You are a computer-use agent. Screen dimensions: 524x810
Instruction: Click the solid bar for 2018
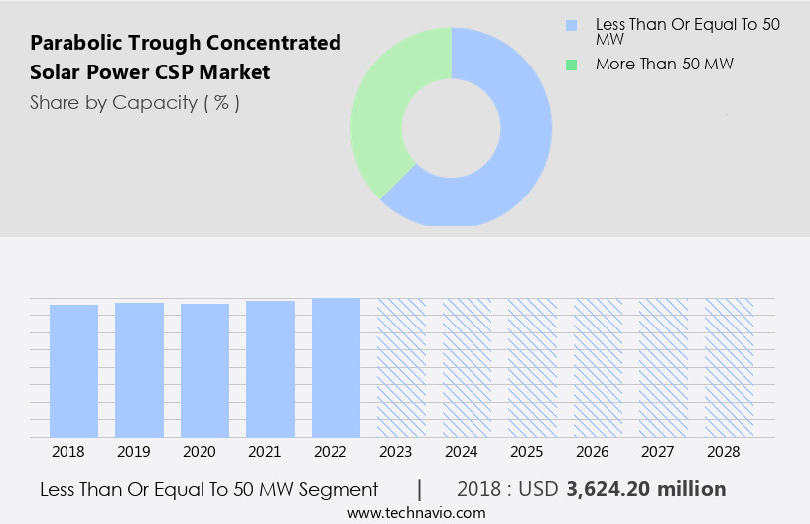pos(73,370)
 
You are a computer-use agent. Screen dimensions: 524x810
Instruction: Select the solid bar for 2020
pos(204,370)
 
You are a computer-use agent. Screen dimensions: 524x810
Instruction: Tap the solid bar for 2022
pos(336,367)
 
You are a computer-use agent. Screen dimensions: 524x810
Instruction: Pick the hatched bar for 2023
pos(401,367)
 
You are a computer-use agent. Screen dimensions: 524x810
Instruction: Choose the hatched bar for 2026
pos(598,367)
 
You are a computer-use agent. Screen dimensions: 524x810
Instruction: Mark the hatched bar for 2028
pos(729,367)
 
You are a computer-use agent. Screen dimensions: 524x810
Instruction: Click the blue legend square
pos(570,24)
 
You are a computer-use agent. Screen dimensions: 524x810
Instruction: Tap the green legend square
pos(570,65)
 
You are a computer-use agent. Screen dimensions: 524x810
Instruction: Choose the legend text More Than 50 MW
pos(663,65)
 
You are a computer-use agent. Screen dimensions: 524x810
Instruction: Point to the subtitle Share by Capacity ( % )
pos(134,102)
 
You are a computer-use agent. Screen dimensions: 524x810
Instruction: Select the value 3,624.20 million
pos(645,489)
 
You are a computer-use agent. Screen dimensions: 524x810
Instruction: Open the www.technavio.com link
pos(416,512)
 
